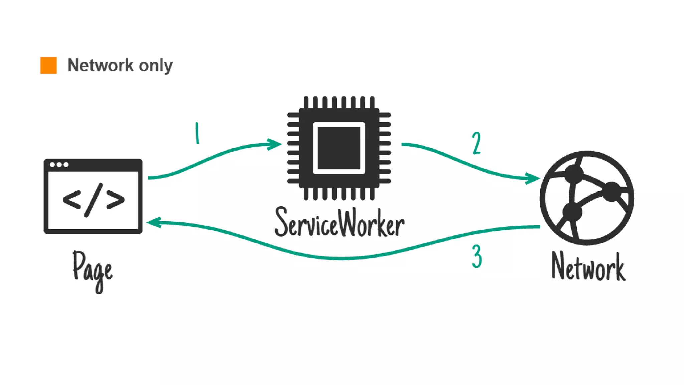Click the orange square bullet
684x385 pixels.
pyautogui.click(x=48, y=65)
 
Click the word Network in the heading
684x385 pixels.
pyautogui.click(x=101, y=65)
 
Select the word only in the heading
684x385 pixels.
pyautogui.click(x=156, y=66)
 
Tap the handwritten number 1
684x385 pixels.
pyautogui.click(x=197, y=133)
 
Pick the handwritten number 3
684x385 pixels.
pyautogui.click(x=477, y=256)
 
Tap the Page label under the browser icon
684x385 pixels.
pyautogui.click(x=93, y=271)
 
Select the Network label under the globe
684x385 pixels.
pyautogui.click(x=588, y=267)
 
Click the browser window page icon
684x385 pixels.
pyautogui.click(x=93, y=196)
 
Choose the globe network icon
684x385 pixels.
pyautogui.click(x=587, y=198)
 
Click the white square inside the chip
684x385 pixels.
pyautogui.click(x=339, y=148)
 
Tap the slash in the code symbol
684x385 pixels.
pyautogui.click(x=94, y=200)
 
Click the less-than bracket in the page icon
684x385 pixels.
pyautogui.click(x=72, y=200)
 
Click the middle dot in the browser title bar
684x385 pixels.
pyautogui.click(x=59, y=165)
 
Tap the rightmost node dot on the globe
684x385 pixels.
pyautogui.click(x=612, y=191)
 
